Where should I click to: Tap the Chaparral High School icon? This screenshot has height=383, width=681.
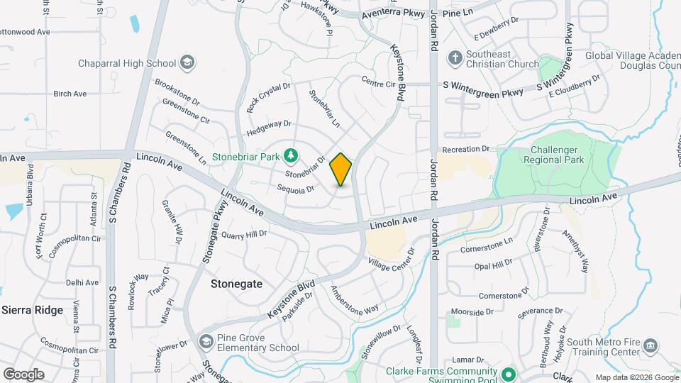[x=187, y=63]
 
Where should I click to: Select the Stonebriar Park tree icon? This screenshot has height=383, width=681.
[x=289, y=155]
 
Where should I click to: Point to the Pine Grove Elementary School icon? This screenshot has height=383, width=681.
[x=206, y=342]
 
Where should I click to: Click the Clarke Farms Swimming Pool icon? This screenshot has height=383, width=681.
[x=508, y=374]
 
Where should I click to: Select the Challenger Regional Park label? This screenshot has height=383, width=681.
[x=558, y=153]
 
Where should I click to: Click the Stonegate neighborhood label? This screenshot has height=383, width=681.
[x=237, y=284]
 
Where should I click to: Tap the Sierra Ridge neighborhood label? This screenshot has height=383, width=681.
[x=33, y=310]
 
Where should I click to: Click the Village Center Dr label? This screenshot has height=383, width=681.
[x=391, y=260]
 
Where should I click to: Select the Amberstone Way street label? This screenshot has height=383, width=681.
[x=355, y=301]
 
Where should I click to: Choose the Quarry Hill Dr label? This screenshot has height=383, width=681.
[x=244, y=233]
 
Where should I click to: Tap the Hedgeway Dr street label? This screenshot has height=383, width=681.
[x=269, y=128]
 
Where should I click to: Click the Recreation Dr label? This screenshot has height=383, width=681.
[x=466, y=150]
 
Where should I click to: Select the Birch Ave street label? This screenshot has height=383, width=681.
[x=70, y=94]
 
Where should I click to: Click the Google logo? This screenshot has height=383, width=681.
[x=23, y=374]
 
